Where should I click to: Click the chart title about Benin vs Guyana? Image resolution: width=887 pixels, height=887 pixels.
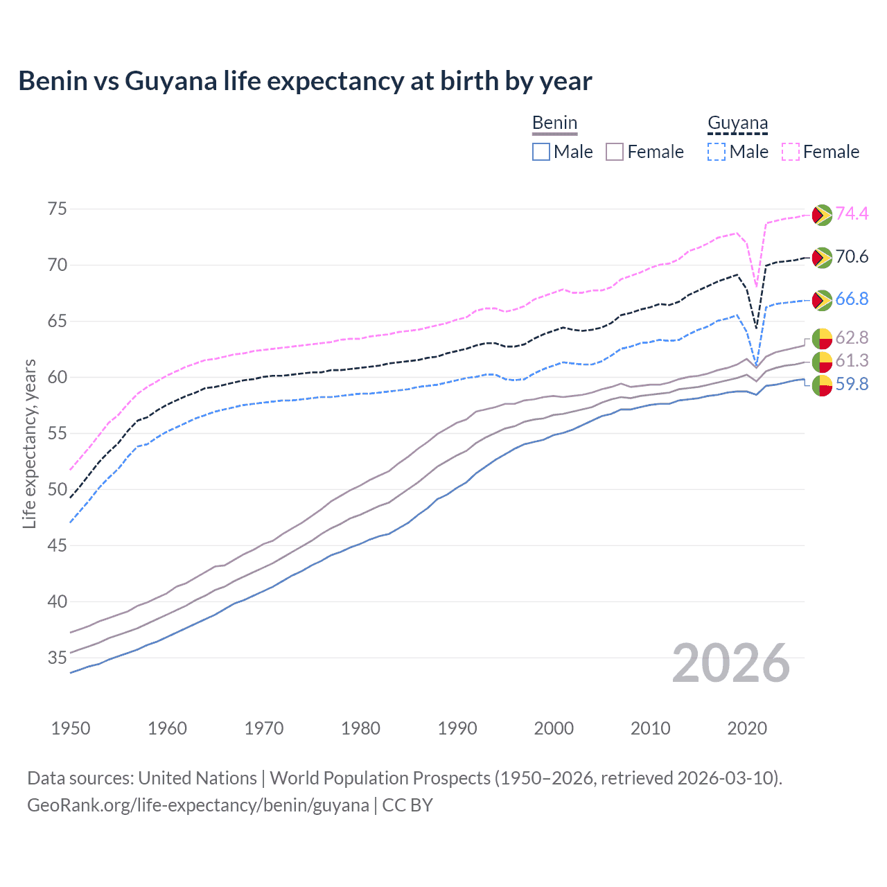click(x=305, y=81)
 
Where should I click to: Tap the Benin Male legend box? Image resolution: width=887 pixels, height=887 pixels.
click(x=541, y=152)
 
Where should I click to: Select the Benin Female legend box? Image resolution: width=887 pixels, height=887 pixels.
click(x=615, y=152)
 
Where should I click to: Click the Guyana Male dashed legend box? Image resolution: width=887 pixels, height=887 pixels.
click(x=717, y=152)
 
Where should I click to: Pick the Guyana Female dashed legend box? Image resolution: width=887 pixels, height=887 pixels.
click(x=791, y=152)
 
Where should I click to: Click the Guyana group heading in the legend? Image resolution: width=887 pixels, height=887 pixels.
click(x=737, y=123)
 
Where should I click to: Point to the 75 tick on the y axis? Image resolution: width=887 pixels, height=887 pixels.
click(x=58, y=209)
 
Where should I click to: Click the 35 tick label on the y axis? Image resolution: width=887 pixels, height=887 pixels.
click(x=58, y=658)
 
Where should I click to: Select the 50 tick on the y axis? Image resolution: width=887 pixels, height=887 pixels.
click(x=58, y=489)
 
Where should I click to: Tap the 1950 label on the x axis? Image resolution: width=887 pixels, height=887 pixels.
click(x=71, y=728)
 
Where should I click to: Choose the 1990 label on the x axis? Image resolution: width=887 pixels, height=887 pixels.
click(x=457, y=728)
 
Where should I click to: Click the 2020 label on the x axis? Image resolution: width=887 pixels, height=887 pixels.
click(x=747, y=728)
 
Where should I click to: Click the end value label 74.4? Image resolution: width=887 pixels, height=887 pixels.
click(x=852, y=214)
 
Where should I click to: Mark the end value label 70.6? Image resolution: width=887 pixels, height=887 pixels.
click(x=852, y=257)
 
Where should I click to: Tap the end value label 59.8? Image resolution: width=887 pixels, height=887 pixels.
click(x=852, y=385)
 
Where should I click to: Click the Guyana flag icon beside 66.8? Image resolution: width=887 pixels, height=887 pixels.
click(x=822, y=300)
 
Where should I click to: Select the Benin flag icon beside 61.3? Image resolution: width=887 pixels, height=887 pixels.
click(x=822, y=362)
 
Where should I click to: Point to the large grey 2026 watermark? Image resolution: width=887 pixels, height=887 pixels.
click(x=730, y=664)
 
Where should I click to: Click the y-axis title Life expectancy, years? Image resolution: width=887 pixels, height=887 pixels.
click(x=29, y=443)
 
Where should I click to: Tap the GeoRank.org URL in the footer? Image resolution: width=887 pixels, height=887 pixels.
click(x=198, y=805)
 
